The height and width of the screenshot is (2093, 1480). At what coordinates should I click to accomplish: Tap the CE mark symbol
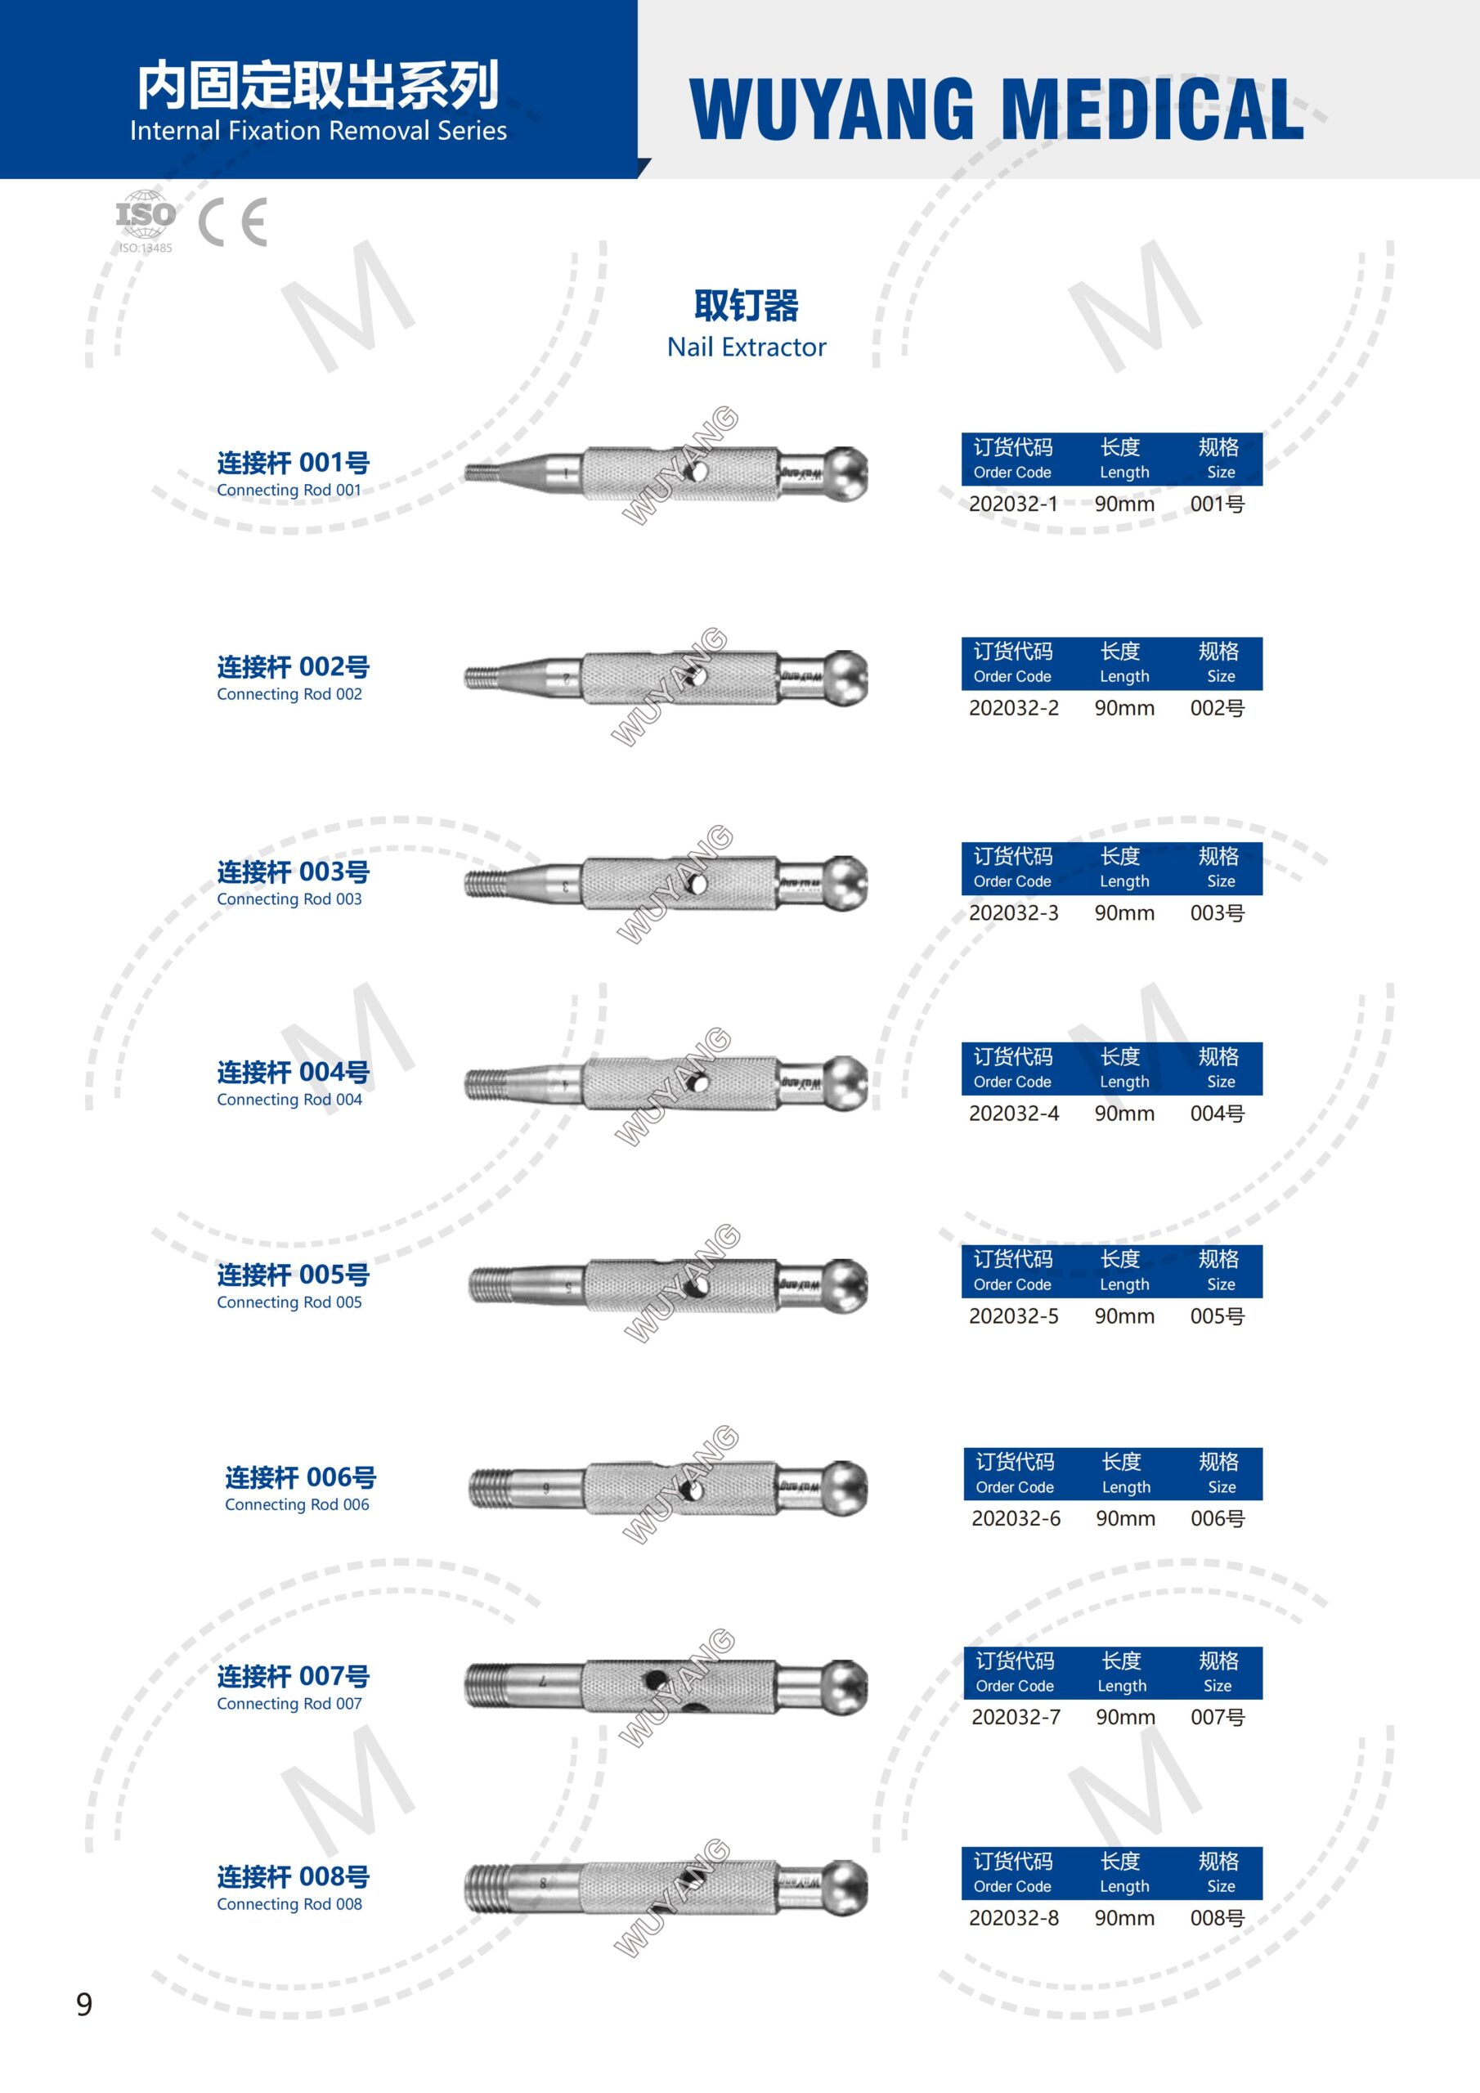point(232,222)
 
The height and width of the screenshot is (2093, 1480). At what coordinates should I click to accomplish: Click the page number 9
point(84,2004)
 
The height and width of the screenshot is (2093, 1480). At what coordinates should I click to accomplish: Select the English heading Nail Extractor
point(746,347)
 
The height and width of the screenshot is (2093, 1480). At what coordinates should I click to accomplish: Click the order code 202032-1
point(1013,504)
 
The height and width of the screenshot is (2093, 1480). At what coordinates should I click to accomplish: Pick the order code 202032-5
point(1013,1316)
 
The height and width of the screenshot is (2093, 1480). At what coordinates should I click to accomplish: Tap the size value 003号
point(1218,913)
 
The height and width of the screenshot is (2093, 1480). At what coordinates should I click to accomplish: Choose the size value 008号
point(1218,1918)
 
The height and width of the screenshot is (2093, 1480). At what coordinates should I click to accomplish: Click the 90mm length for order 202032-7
point(1125,1718)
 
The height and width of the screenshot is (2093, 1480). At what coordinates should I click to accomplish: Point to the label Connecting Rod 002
point(289,695)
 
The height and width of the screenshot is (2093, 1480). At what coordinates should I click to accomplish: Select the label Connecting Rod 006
point(298,1505)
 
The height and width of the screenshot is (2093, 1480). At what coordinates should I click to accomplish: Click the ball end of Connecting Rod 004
point(845,1084)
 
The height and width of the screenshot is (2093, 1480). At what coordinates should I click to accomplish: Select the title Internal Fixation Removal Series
point(318,132)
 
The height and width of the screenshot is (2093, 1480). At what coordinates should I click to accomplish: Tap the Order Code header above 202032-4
point(1012,1082)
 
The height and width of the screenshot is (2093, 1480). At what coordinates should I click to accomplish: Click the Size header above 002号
point(1221,676)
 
